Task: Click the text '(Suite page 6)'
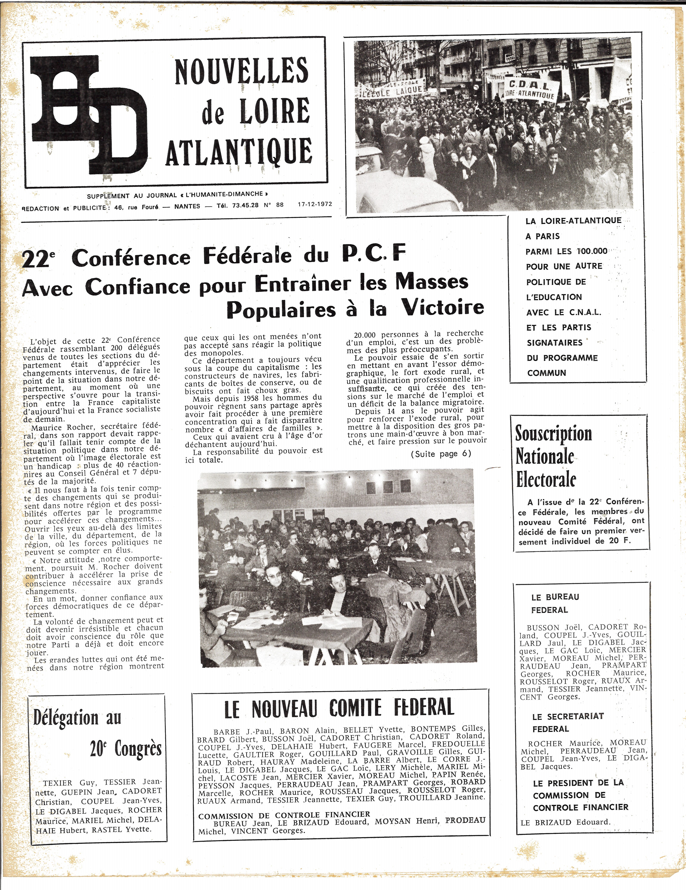click(x=440, y=454)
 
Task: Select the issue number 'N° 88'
click(x=273, y=205)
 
